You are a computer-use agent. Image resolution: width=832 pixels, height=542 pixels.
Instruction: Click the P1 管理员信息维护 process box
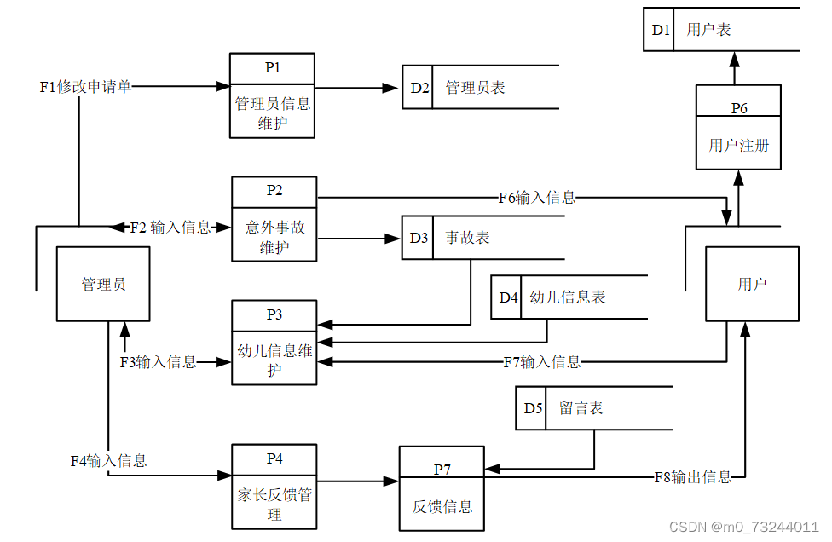[x=272, y=95]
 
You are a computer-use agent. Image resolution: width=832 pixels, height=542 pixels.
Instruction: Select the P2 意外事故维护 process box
[x=274, y=218]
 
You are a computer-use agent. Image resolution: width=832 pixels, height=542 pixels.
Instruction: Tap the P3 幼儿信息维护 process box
[x=274, y=342]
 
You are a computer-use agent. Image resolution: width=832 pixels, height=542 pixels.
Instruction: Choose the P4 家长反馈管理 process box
[x=274, y=485]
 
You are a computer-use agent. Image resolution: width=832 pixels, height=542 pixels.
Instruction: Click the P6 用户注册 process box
[x=738, y=128]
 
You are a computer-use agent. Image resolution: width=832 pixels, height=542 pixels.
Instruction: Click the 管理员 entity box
[x=103, y=284]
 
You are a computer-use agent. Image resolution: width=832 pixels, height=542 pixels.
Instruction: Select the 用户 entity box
[x=752, y=284]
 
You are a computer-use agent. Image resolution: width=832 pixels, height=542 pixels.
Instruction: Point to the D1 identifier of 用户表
[x=661, y=30]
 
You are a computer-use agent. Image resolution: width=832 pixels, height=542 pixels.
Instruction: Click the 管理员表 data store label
[x=475, y=88]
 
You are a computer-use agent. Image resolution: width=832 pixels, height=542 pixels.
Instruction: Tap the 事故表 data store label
[x=467, y=238]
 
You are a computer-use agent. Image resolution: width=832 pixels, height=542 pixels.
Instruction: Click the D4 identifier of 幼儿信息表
[x=508, y=297]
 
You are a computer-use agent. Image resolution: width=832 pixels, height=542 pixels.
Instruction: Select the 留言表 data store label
[x=581, y=408]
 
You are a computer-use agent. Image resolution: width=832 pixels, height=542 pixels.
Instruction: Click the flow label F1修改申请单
[x=85, y=86]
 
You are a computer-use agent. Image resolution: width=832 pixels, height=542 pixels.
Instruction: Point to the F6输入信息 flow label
[x=537, y=198]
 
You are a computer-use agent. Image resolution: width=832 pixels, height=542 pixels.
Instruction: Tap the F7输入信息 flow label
[x=542, y=362]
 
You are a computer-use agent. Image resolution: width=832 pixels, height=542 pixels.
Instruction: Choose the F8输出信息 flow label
[x=692, y=477]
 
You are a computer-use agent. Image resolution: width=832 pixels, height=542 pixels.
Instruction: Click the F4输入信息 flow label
[x=108, y=461]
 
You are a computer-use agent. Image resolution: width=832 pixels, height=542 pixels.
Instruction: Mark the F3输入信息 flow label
[x=158, y=362]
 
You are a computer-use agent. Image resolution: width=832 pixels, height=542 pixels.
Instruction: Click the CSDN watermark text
[x=744, y=527]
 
